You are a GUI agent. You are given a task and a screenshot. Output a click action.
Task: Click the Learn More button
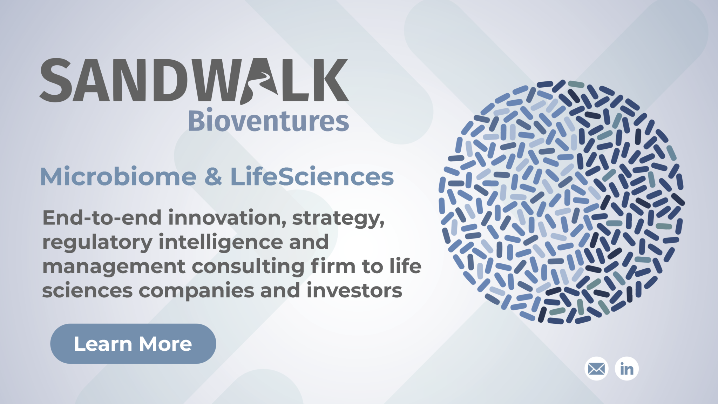(133, 344)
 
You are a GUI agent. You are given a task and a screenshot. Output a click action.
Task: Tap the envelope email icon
(596, 369)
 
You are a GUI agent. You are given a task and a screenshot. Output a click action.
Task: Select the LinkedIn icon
(627, 369)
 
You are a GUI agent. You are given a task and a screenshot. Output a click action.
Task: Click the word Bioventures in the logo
(269, 120)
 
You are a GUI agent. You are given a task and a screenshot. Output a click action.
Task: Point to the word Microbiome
(118, 176)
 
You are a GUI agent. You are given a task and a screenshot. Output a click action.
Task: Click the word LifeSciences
(312, 176)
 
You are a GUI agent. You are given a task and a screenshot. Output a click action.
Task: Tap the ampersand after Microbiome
(214, 176)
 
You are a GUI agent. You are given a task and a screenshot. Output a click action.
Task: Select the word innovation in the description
(228, 218)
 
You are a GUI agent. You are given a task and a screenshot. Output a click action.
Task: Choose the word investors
(354, 291)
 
